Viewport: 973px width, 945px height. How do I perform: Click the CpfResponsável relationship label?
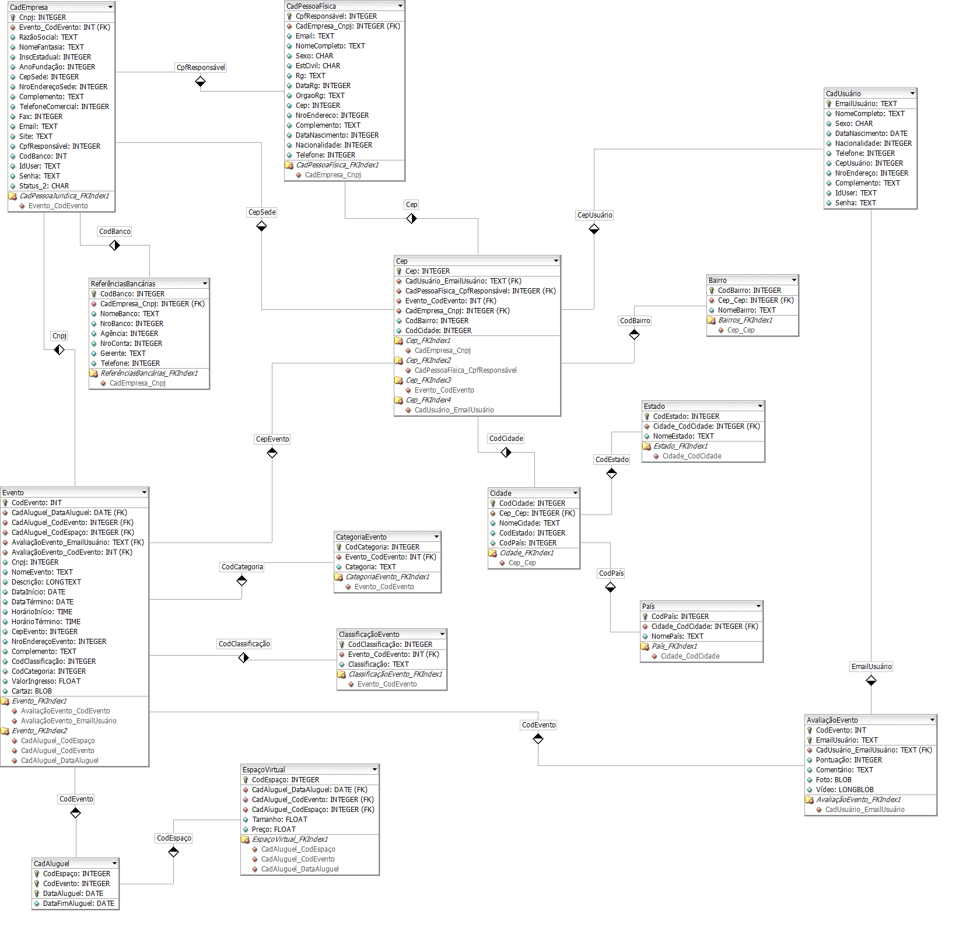201,68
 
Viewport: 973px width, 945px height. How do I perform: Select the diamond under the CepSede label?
262,226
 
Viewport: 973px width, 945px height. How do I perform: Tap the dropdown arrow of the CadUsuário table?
912,93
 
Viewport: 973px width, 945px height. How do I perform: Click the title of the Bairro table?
717,281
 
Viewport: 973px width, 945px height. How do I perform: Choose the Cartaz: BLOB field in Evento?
32,691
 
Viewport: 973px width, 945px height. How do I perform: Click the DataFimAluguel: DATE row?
78,904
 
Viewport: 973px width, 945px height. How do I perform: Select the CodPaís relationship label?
611,573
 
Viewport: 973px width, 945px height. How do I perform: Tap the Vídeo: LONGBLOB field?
845,790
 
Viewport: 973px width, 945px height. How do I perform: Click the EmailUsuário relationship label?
871,667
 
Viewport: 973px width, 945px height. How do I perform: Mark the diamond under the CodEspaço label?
174,852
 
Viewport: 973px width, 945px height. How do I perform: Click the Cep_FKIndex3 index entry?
428,380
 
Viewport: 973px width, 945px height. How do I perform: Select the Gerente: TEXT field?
123,353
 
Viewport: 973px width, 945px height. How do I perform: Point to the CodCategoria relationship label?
242,567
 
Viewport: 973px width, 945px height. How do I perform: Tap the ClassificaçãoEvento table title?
369,635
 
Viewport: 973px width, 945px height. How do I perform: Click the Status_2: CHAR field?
44,186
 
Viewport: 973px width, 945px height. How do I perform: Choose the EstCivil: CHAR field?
318,66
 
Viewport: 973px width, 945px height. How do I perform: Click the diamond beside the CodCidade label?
506,452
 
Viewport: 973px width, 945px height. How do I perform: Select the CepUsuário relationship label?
594,215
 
